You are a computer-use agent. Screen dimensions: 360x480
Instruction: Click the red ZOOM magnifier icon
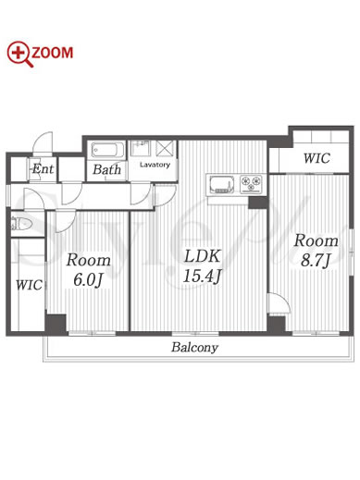(19, 54)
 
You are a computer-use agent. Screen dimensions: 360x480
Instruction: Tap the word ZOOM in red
(53, 53)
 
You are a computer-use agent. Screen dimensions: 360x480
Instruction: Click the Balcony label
(194, 348)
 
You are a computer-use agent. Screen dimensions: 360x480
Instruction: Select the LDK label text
(203, 256)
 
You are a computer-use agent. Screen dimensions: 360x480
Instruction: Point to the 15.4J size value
(203, 277)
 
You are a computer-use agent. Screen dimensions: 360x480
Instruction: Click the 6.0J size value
(88, 280)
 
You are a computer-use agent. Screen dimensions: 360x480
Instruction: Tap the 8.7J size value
(316, 261)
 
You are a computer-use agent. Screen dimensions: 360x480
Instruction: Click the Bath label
(106, 169)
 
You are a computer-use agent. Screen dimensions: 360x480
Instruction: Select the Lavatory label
(155, 165)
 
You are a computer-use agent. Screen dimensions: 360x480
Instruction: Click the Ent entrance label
(43, 168)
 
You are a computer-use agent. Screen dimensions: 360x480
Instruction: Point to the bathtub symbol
(108, 150)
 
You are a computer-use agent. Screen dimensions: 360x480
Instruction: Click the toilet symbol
(21, 224)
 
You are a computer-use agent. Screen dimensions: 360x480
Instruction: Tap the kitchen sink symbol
(222, 184)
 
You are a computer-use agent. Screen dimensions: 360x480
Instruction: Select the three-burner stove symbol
(251, 184)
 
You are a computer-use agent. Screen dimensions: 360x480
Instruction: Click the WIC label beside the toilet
(29, 285)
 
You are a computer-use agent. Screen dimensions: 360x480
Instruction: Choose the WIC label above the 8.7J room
(317, 158)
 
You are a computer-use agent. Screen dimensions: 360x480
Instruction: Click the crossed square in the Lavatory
(164, 148)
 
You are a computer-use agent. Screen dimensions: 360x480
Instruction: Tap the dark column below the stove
(258, 203)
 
